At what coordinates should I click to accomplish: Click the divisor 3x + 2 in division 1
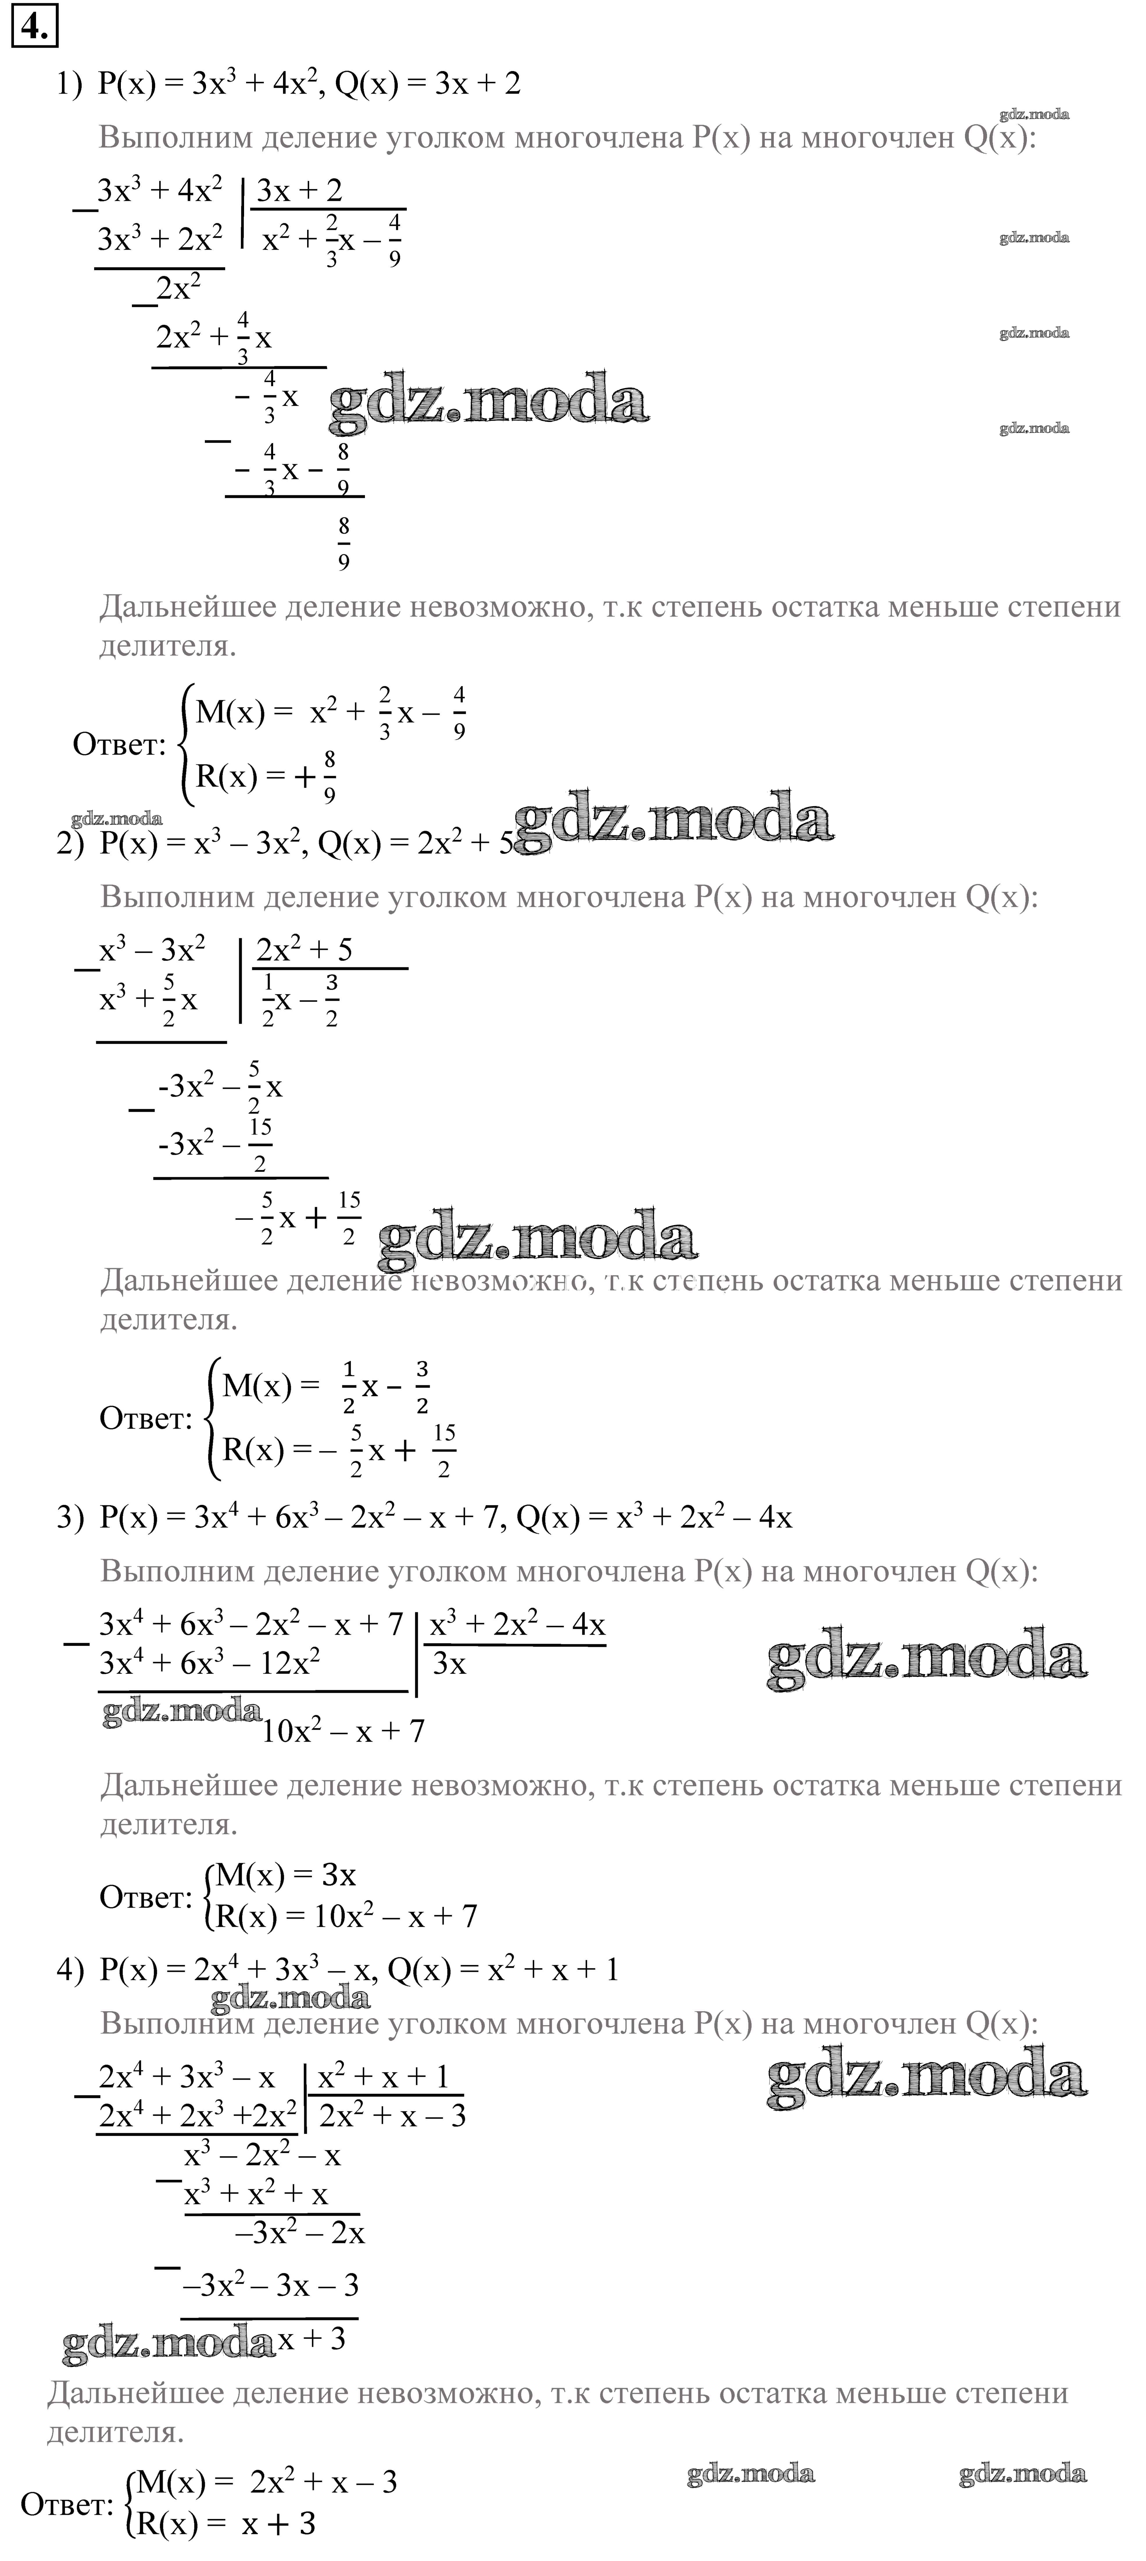tap(299, 190)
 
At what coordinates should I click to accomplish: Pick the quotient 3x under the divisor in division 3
tap(449, 1663)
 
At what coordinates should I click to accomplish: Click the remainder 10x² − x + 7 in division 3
tap(343, 1731)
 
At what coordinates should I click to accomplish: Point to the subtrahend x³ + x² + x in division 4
tap(255, 2194)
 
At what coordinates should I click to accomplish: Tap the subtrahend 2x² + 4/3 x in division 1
tap(214, 338)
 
